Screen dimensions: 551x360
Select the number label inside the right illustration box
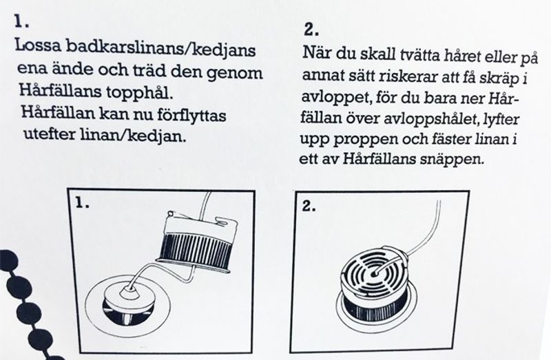(x=309, y=207)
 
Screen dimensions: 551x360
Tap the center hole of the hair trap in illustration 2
(x=375, y=272)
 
